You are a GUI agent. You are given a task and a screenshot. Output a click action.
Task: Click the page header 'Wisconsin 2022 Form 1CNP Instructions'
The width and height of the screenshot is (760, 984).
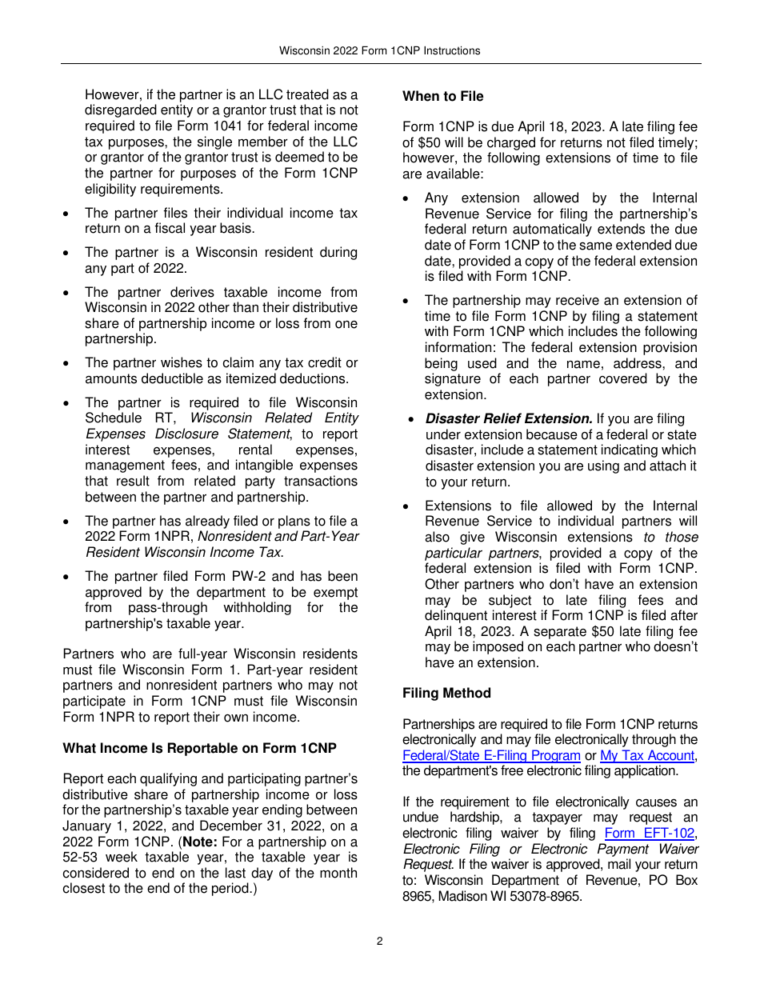(379, 50)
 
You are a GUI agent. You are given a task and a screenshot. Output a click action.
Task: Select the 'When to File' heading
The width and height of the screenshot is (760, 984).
(442, 96)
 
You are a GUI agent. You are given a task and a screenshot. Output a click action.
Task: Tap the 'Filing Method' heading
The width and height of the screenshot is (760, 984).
(446, 693)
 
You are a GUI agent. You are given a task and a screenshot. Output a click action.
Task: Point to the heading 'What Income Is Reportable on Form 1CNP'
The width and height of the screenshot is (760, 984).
(199, 748)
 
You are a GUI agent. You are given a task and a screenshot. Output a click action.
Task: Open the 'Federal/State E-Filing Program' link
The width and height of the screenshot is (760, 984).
(491, 756)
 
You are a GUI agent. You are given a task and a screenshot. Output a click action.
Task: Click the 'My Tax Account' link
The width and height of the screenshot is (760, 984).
(647, 756)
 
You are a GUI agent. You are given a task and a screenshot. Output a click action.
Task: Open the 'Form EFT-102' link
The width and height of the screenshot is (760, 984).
(650, 834)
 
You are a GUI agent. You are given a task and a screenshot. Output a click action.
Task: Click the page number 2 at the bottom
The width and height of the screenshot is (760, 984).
(380, 941)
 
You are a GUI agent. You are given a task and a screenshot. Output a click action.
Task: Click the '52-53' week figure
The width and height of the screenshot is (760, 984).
(79, 858)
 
